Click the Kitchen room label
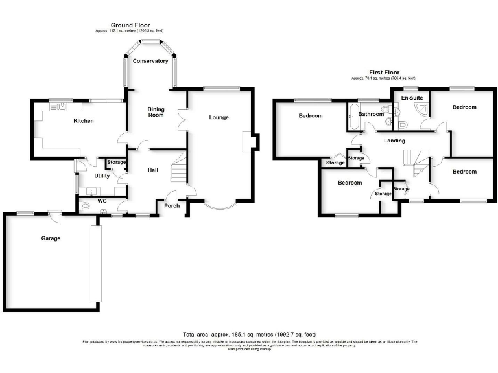point(84,121)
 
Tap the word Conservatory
point(150,61)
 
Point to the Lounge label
point(219,117)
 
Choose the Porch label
point(172,206)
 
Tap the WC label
point(102,201)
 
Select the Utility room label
point(102,175)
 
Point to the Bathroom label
point(372,114)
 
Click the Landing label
point(394,141)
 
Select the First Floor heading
point(384,73)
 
